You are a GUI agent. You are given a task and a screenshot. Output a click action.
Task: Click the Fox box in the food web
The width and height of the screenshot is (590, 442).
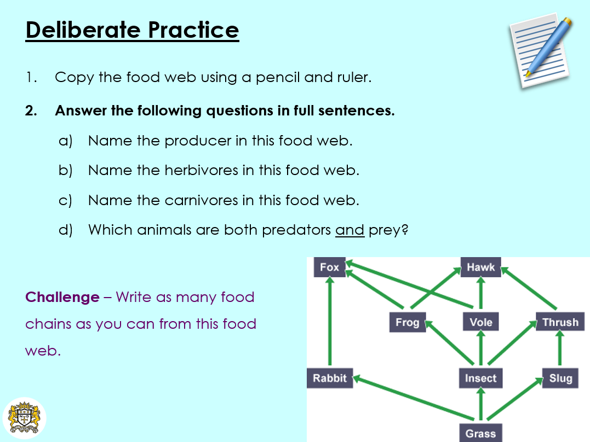coord(330,267)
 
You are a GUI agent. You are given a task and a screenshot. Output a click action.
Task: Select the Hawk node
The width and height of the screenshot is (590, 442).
coord(480,267)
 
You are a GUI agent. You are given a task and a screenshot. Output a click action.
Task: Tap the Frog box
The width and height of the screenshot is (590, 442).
coord(407,322)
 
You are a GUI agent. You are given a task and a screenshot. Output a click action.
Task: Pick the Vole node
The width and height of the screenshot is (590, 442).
coord(480,322)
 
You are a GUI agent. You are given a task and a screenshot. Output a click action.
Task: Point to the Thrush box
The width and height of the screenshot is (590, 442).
coord(560,322)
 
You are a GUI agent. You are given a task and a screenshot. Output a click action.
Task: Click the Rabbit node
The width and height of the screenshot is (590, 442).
coord(330,378)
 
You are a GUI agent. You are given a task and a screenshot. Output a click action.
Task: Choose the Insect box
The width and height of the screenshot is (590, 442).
coord(480,378)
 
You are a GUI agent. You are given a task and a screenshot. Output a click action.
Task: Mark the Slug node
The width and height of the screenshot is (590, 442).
coord(560,378)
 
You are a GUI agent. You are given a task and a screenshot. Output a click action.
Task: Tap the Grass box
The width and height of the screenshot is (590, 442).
coord(480,433)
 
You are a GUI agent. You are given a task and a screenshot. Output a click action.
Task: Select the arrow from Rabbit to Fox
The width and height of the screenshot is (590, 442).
coord(330,323)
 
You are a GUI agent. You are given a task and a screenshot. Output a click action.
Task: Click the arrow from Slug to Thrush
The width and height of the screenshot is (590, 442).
coord(560,350)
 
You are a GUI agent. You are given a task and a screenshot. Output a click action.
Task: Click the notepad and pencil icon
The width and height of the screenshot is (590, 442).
coord(540,52)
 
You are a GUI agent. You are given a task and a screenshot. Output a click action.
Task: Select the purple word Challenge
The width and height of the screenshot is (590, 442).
coord(62,298)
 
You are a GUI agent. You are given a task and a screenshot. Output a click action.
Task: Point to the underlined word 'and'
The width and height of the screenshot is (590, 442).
coord(350,230)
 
